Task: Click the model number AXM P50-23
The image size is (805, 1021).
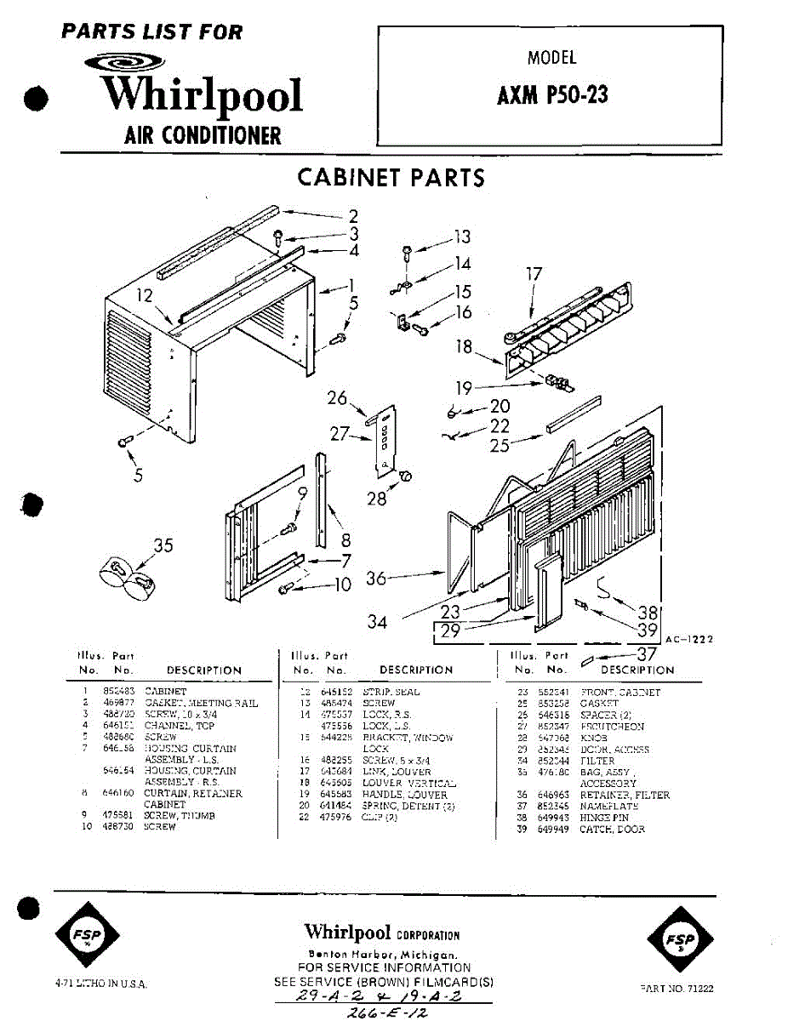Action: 552,94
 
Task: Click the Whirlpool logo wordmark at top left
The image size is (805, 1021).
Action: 201,94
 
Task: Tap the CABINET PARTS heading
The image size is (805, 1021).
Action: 391,177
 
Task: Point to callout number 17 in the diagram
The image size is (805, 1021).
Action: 534,275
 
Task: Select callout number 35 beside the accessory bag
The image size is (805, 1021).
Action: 163,545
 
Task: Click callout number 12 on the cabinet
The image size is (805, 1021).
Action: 145,296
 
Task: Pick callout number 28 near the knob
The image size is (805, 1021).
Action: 376,499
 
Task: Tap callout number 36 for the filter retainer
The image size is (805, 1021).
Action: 376,579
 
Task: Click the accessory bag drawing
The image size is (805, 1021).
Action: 129,576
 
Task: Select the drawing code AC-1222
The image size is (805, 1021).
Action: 688,639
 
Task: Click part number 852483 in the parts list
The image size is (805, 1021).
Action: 112,693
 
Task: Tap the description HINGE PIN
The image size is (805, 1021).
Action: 604,818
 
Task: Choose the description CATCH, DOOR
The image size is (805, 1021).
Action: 612,830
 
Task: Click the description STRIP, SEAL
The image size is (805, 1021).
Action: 391,693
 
